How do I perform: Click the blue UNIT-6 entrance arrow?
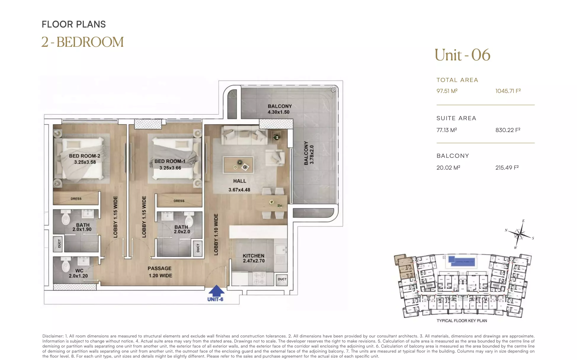(217, 291)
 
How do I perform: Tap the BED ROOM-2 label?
(85, 156)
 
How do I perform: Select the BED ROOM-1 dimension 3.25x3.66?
(170, 168)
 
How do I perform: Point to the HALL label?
(240, 181)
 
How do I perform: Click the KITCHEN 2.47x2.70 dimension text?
(254, 261)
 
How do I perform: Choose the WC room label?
(79, 271)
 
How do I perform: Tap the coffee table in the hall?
(238, 165)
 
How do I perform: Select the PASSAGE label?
(160, 269)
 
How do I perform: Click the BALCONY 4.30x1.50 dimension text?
(278, 112)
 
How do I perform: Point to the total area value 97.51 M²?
(447, 91)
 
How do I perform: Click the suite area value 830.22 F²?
(508, 130)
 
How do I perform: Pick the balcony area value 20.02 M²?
(448, 168)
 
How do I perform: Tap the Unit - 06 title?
(462, 55)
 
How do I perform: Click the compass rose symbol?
(520, 234)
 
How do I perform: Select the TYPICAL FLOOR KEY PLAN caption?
(462, 321)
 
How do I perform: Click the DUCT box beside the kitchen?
(282, 280)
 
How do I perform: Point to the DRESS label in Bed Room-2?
(76, 199)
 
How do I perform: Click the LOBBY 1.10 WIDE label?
(216, 234)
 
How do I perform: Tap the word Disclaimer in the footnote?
(53, 336)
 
